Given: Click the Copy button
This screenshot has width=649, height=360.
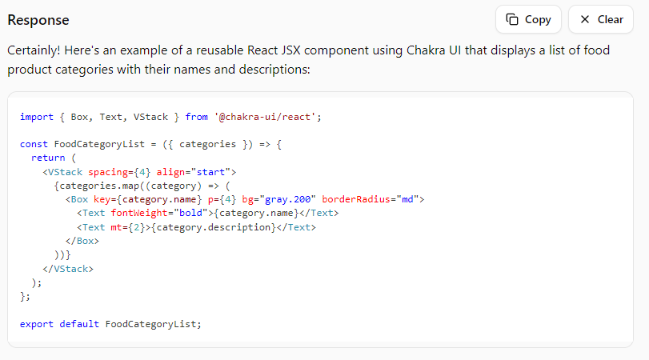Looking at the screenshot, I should (528, 19).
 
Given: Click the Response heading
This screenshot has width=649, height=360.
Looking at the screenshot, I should (38, 20).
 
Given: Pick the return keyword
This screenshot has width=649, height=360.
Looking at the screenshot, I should (48, 158).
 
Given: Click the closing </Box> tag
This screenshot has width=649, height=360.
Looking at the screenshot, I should (82, 241).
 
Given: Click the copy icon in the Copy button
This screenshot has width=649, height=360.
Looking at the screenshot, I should (513, 19).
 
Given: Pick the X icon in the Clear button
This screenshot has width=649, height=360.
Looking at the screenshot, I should (585, 19).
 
